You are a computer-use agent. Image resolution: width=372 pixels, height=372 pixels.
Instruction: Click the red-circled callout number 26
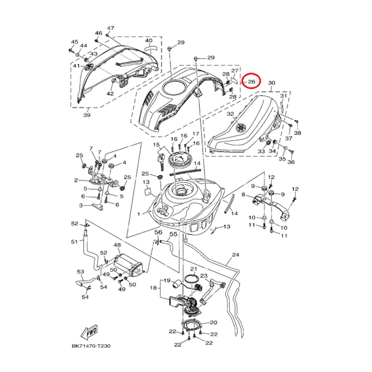(x=252, y=82)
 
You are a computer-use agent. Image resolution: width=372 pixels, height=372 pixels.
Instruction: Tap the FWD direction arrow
(x=88, y=331)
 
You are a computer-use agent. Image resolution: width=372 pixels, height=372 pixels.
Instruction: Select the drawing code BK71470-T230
(x=91, y=346)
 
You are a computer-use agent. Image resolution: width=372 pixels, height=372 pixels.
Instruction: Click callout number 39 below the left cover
(x=86, y=115)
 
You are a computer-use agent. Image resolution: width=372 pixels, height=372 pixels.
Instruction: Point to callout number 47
(x=110, y=28)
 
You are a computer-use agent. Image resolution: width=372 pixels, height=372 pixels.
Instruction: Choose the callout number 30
(x=272, y=83)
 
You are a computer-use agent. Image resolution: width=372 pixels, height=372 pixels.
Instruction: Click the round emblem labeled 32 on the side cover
(x=240, y=128)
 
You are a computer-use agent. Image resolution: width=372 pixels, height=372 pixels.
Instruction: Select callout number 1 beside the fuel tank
(x=138, y=214)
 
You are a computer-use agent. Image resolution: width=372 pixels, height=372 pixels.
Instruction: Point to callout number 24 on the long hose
(x=235, y=255)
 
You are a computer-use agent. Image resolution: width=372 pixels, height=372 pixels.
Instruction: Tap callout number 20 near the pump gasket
(x=213, y=322)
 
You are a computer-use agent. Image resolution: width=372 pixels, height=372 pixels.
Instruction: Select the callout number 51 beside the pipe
(x=74, y=242)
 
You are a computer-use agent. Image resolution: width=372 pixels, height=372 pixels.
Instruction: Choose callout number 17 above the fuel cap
(x=196, y=134)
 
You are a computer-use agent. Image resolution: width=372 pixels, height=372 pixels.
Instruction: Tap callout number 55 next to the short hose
(x=173, y=235)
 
